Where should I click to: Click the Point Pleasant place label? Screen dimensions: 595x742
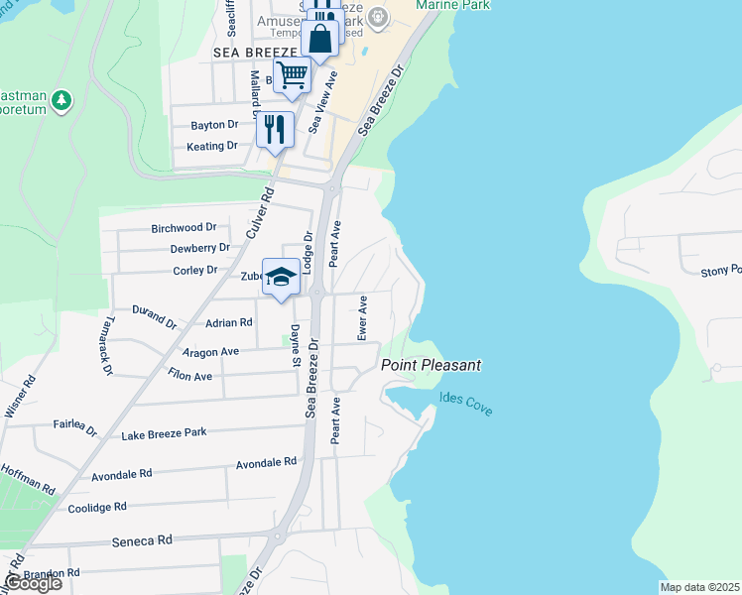pyautogui.click(x=432, y=365)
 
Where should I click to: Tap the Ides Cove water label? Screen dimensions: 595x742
pyautogui.click(x=465, y=405)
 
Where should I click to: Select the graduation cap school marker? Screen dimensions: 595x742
pyautogui.click(x=281, y=278)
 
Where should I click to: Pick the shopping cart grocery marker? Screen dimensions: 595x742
pyautogui.click(x=292, y=74)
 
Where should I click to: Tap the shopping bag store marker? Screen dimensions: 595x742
pyautogui.click(x=320, y=41)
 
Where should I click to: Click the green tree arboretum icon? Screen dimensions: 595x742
pyautogui.click(x=62, y=100)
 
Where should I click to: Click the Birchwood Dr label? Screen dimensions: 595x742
pyautogui.click(x=184, y=228)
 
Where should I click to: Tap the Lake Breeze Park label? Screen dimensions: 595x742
pyautogui.click(x=164, y=434)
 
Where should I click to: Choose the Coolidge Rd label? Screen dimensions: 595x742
pyautogui.click(x=97, y=507)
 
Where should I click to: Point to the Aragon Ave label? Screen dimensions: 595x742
pyautogui.click(x=210, y=352)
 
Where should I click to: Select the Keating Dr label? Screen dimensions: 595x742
pyautogui.click(x=212, y=146)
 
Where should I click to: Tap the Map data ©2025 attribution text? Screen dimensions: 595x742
pyautogui.click(x=699, y=587)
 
